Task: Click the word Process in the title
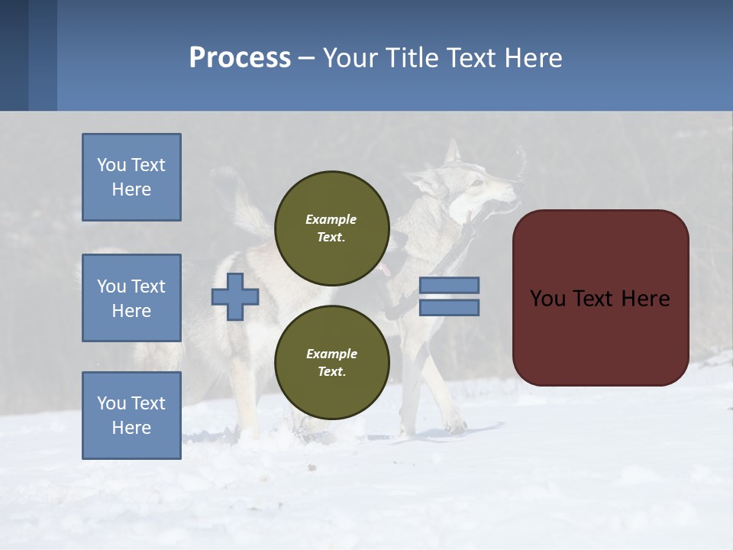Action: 240,58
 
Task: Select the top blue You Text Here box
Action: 131,177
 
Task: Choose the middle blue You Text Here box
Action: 131,298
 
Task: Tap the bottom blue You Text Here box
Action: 131,416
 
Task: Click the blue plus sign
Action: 234,296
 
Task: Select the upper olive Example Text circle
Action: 331,228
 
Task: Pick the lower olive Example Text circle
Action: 331,362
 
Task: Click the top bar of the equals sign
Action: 449,286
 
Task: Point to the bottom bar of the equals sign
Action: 449,307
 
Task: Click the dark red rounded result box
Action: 600,298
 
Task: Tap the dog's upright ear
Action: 453,153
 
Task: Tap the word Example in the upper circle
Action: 331,219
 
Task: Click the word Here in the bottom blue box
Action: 131,428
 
